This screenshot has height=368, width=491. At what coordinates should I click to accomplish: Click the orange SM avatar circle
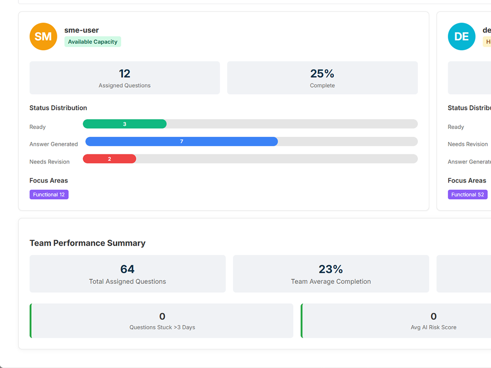[x=43, y=36]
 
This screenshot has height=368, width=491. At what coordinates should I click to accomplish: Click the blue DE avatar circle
[x=461, y=36]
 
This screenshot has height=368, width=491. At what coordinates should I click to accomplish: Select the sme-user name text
[x=82, y=30]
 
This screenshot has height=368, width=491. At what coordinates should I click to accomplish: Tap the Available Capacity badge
[x=93, y=42]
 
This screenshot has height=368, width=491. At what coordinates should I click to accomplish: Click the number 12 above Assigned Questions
[x=124, y=74]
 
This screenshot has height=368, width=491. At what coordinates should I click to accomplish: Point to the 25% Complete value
[x=322, y=74]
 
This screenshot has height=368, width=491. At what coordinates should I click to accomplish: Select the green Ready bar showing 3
[x=124, y=124]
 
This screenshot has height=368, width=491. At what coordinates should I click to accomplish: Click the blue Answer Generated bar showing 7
[x=182, y=141]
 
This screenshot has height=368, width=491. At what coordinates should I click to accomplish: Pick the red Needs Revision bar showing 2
[x=109, y=159]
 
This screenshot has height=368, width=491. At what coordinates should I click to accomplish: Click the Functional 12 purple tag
[x=49, y=194]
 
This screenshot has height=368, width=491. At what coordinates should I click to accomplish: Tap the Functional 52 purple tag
[x=467, y=194]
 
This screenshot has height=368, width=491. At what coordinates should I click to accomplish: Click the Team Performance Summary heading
[x=88, y=243]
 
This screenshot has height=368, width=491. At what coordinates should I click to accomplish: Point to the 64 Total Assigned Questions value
[x=127, y=269]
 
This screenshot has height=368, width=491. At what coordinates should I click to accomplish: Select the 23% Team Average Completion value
[x=331, y=269]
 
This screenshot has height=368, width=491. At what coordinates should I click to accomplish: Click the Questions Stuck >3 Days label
[x=162, y=327]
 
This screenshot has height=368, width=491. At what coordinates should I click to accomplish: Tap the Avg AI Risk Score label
[x=433, y=327]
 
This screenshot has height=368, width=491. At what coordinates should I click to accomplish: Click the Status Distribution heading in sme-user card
[x=58, y=108]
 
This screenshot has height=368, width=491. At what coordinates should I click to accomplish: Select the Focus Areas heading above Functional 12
[x=49, y=180]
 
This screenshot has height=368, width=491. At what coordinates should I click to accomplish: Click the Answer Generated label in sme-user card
[x=53, y=144]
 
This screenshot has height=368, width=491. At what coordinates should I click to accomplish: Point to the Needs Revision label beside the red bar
[x=49, y=161]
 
